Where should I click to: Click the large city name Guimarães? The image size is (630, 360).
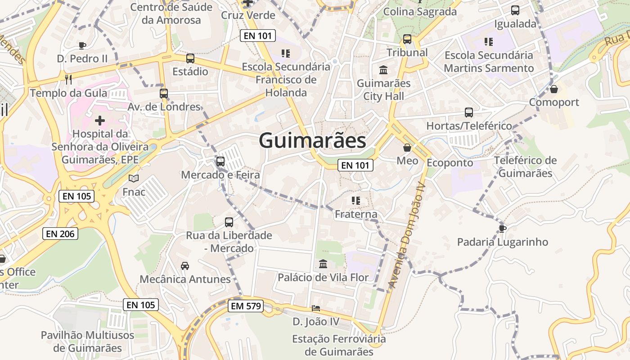click(x=312, y=140)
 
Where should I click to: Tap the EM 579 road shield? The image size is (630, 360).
click(x=245, y=306)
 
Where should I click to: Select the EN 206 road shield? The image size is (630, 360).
click(x=60, y=234)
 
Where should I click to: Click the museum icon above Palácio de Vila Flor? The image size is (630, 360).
click(x=323, y=264)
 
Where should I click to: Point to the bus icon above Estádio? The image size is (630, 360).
click(x=190, y=58)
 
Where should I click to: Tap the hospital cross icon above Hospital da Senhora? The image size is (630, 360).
click(x=100, y=120)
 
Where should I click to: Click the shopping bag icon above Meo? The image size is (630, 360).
click(x=407, y=148)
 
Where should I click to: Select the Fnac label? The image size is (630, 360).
click(x=134, y=192)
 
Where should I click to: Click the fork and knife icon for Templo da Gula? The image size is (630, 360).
click(x=68, y=80)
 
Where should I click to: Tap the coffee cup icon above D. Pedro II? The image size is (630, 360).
click(x=82, y=45)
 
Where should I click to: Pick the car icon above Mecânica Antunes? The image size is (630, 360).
click(x=185, y=266)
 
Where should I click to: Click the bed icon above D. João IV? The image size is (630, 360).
click(x=316, y=308)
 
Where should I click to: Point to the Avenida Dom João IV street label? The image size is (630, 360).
click(x=406, y=235)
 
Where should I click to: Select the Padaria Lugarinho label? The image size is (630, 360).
click(x=503, y=242)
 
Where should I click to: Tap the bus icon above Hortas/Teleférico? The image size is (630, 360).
click(x=469, y=112)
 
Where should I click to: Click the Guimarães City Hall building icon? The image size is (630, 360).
click(x=383, y=70)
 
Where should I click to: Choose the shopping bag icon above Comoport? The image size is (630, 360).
click(x=554, y=89)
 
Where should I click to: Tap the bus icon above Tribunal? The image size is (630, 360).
click(x=407, y=39)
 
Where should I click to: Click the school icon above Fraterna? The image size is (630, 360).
click(x=356, y=201)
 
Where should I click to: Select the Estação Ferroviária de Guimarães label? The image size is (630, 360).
click(x=339, y=345)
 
